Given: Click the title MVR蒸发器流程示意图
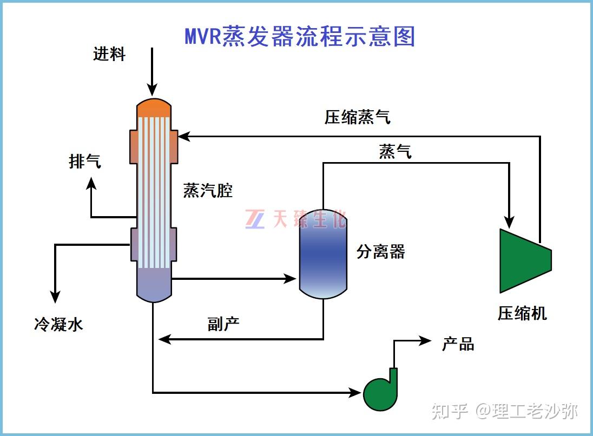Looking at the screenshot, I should (300, 36).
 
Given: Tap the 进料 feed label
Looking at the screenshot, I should (109, 54).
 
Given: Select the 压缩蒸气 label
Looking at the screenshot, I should (357, 117).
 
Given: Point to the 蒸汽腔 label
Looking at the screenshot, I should (208, 190).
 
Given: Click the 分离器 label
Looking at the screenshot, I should (380, 251).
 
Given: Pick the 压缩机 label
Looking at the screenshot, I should (522, 313).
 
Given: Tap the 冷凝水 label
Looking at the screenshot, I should (58, 324).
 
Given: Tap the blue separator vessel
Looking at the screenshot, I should (323, 254).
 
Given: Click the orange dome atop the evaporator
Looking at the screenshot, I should (154, 108).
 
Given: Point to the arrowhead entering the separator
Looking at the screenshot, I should (292, 279).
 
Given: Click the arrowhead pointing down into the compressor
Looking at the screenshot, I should (509, 221).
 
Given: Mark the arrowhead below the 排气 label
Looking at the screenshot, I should (91, 184).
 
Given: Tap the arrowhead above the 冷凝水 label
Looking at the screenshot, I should (55, 296).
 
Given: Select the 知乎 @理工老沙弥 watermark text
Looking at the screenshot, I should (504, 412).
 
